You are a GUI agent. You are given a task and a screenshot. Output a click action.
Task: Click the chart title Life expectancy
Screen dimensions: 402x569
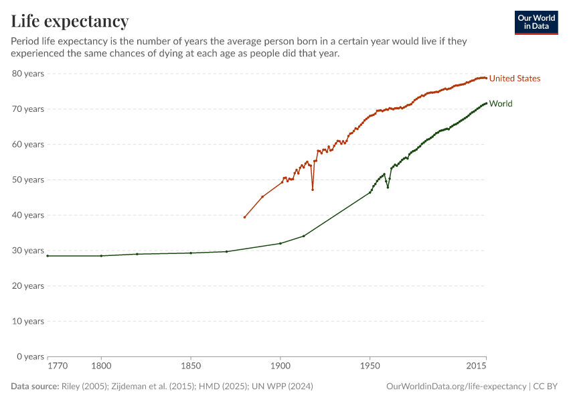70,21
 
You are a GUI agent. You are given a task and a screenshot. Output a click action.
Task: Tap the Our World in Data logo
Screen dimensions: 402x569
536,23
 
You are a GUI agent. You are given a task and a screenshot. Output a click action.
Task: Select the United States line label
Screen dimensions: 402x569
514,78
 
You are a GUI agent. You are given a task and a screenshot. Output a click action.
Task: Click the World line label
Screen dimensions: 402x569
501,104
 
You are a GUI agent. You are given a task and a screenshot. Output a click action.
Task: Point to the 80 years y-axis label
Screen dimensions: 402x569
28,73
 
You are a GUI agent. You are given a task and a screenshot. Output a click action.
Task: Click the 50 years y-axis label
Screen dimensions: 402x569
28,180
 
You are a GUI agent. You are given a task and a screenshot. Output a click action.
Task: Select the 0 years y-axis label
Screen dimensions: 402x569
30,356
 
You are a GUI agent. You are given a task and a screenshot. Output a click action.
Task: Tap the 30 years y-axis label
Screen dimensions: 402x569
28,251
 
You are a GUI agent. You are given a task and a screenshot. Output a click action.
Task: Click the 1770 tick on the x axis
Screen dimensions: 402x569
57,366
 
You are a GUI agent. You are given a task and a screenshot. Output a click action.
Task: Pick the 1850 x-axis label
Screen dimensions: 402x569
191,366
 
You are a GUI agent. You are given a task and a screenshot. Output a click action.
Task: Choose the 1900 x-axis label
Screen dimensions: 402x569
280,366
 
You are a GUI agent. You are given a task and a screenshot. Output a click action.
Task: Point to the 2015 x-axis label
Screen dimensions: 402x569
477,366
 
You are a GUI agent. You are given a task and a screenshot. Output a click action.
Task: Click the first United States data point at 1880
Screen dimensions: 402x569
245,217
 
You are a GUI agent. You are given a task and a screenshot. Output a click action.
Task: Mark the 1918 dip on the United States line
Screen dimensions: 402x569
313,190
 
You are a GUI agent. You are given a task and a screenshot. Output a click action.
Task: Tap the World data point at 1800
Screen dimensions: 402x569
101,256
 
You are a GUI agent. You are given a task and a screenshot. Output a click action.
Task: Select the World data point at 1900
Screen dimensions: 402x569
280,243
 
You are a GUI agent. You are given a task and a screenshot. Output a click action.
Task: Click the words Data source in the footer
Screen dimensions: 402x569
35,387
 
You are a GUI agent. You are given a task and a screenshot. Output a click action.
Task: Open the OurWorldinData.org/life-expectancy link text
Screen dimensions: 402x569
457,387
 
